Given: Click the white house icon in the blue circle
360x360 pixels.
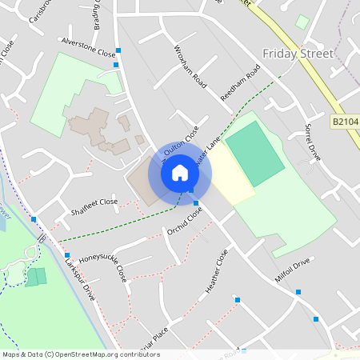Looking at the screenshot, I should click(180, 172).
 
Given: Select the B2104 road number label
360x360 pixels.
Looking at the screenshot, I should click(346, 122).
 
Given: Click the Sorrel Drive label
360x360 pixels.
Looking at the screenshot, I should click(313, 142).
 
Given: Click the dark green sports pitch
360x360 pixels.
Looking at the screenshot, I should click(254, 152).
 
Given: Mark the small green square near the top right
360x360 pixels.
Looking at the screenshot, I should click(302, 22).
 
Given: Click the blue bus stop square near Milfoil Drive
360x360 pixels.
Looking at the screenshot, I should click(298, 292).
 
